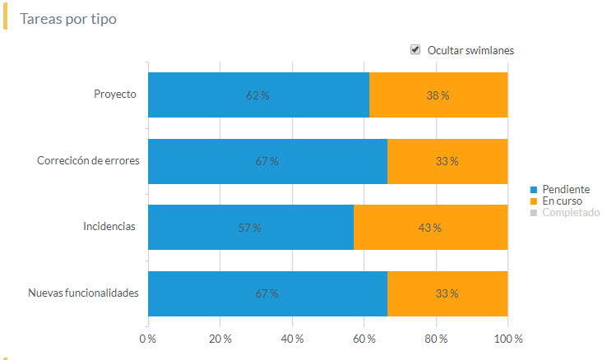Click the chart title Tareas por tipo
click(68, 19)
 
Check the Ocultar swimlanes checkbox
click(415, 50)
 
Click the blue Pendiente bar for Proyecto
click(258, 95)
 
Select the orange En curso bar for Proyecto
click(438, 95)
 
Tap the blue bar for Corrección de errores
click(267, 161)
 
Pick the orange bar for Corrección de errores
click(447, 161)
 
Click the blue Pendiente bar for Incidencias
click(250, 227)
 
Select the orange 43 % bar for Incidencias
click(430, 227)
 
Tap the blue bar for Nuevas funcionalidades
click(267, 293)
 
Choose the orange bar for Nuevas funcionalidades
click(447, 293)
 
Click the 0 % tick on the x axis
click(148, 339)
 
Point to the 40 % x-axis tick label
click(292, 339)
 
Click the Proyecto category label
click(115, 94)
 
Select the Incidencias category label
click(109, 226)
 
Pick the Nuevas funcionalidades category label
click(83, 293)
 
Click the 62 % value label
click(258, 95)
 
